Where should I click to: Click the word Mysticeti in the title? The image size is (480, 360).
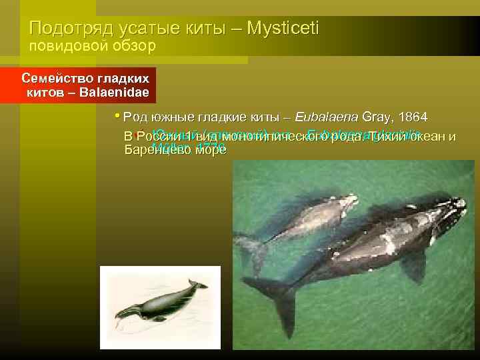tap(283, 29)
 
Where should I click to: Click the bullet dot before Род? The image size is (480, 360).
tap(117, 114)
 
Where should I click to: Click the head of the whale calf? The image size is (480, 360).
tap(343, 200)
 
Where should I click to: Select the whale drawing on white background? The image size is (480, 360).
tap(160, 307)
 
